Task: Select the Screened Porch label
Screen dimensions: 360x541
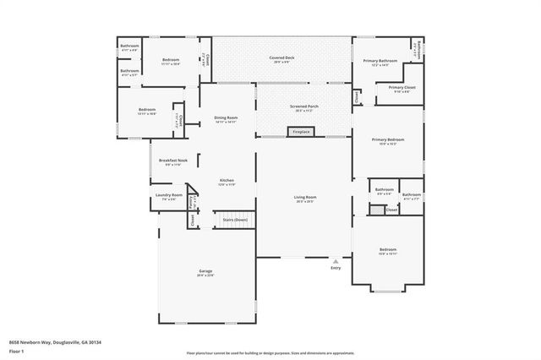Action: pos(303,107)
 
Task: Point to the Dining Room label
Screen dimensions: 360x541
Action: pos(226,118)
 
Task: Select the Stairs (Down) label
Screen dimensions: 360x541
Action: pos(234,220)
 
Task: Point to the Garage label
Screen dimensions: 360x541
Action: pos(205,272)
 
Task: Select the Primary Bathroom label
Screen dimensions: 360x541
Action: pos(380,62)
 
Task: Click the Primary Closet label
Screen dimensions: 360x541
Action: pos(402,89)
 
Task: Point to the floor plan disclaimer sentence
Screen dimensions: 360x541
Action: pos(270,353)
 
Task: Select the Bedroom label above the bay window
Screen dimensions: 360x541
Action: pos(388,251)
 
